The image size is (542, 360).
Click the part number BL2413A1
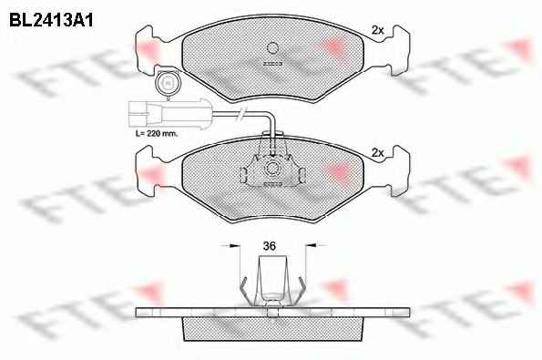(x=51, y=20)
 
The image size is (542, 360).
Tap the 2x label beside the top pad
(x=377, y=30)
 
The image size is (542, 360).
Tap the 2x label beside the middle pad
(x=377, y=152)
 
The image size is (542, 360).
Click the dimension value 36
(x=270, y=246)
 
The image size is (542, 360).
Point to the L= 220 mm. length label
(x=157, y=133)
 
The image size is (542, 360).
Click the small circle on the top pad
(x=272, y=47)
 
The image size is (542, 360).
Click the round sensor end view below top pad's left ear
(x=168, y=83)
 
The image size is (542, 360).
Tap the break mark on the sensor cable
(x=241, y=113)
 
